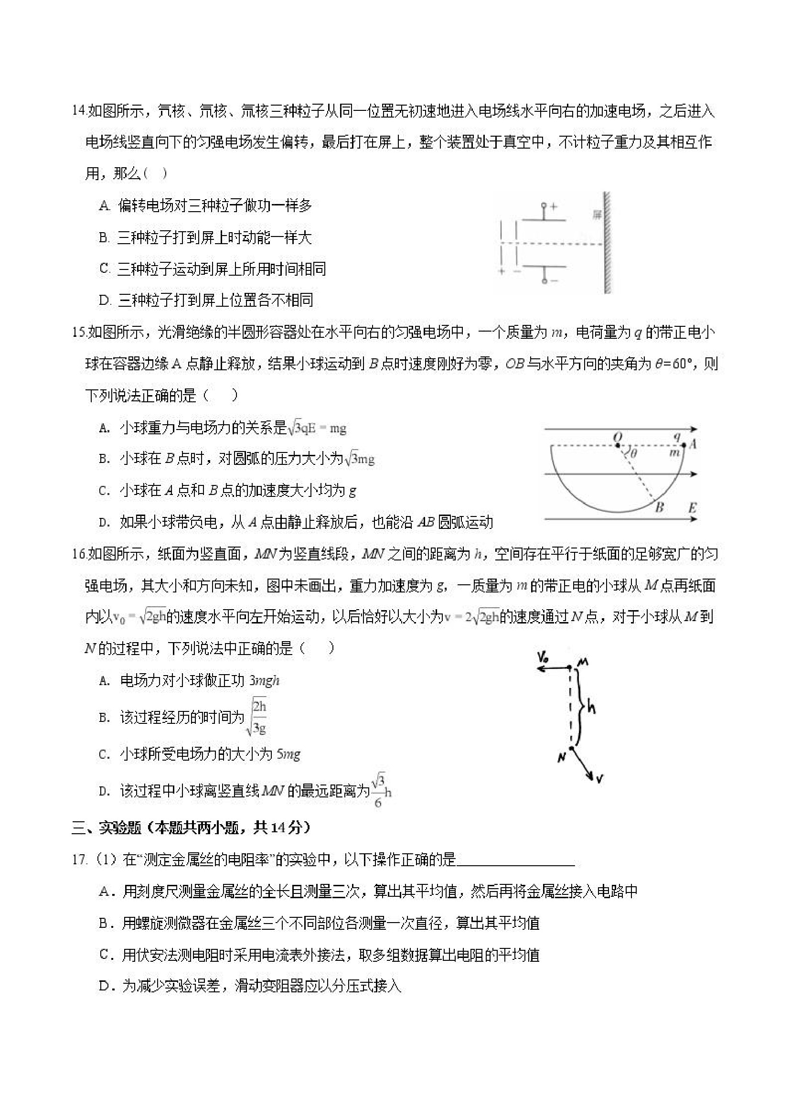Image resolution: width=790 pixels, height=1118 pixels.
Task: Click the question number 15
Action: click(x=79, y=333)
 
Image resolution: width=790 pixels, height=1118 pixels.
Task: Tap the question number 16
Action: click(x=79, y=554)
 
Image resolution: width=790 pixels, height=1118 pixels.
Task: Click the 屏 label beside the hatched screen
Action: click(x=597, y=215)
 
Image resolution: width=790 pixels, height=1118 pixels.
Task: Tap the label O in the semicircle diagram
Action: click(x=619, y=436)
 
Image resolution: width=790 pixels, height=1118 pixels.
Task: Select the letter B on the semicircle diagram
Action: click(x=660, y=508)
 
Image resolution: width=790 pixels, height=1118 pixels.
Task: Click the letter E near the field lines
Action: click(x=692, y=508)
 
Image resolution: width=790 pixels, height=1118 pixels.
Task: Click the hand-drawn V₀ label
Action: click(x=544, y=658)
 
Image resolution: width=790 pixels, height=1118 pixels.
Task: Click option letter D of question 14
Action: click(x=105, y=301)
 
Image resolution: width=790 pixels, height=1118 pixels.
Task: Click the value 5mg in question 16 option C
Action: click(x=288, y=754)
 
